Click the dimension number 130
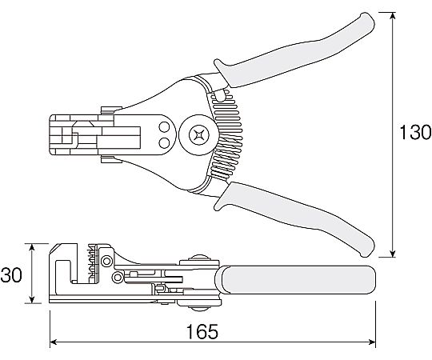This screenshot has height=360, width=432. click(x=415, y=132)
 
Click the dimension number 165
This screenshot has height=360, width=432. click(x=202, y=331)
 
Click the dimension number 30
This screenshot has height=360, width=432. click(x=11, y=274)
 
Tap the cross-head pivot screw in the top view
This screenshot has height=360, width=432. click(x=199, y=135)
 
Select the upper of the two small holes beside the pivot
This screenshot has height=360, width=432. click(x=165, y=127)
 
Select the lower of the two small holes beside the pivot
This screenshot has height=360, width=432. click(x=165, y=142)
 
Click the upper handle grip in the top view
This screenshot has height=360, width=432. click(x=294, y=52)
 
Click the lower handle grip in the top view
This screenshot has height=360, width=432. click(x=294, y=218)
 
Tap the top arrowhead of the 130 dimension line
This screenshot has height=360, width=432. click(x=393, y=15)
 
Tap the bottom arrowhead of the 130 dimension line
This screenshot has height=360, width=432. click(x=393, y=254)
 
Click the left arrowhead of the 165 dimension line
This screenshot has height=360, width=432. click(x=53, y=342)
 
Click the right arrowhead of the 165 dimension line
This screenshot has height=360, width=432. click(x=372, y=342)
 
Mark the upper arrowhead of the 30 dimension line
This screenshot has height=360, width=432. click(x=32, y=246)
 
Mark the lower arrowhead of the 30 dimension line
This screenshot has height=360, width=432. click(x=32, y=300)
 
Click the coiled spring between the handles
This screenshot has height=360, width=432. click(x=226, y=135)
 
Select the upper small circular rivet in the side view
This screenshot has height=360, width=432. click(x=106, y=261)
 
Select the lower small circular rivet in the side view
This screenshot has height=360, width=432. click(x=118, y=277)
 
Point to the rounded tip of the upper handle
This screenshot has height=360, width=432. click(x=368, y=17)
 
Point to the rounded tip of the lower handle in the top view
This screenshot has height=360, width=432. click(x=368, y=251)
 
